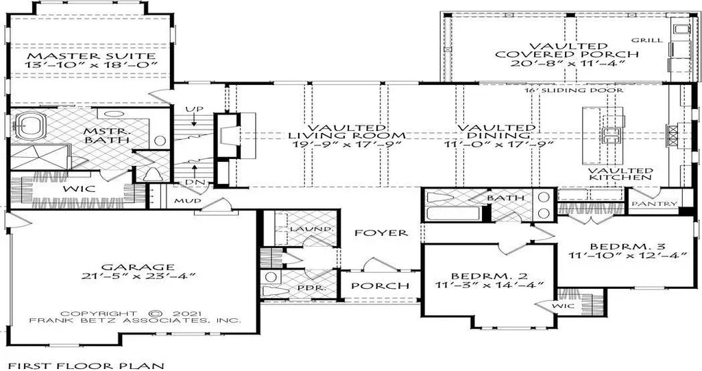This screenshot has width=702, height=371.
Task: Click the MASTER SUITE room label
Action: pyautogui.click(x=90, y=55)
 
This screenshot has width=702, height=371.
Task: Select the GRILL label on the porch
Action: pyautogui.click(x=648, y=40)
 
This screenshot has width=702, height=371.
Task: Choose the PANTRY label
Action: pyautogui.click(x=654, y=204)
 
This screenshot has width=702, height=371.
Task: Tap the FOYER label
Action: pyautogui.click(x=380, y=233)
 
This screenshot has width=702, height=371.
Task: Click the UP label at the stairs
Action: pyautogui.click(x=193, y=110)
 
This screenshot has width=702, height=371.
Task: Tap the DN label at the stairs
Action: pyautogui.click(x=193, y=182)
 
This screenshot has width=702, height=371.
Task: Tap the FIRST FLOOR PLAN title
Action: pyautogui.click(x=86, y=365)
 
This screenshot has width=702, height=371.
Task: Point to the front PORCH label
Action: pyautogui.click(x=380, y=285)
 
